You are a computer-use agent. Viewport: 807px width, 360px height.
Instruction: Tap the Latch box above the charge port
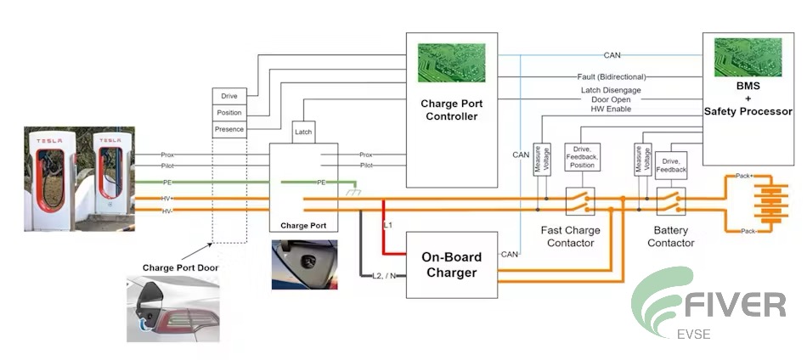pos(303,132)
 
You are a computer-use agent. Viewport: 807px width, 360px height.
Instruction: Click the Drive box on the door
pos(229,96)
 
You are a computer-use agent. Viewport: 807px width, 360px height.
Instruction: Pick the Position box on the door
pos(229,113)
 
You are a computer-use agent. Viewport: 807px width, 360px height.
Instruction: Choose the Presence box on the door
pos(229,129)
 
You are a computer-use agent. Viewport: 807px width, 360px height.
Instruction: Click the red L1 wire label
pos(388,224)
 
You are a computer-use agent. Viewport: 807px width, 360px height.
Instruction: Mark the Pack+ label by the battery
pos(745,176)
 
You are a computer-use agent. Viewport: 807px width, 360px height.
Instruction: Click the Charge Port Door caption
pos(179,267)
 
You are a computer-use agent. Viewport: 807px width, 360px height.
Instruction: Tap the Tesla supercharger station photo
pos(79,178)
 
